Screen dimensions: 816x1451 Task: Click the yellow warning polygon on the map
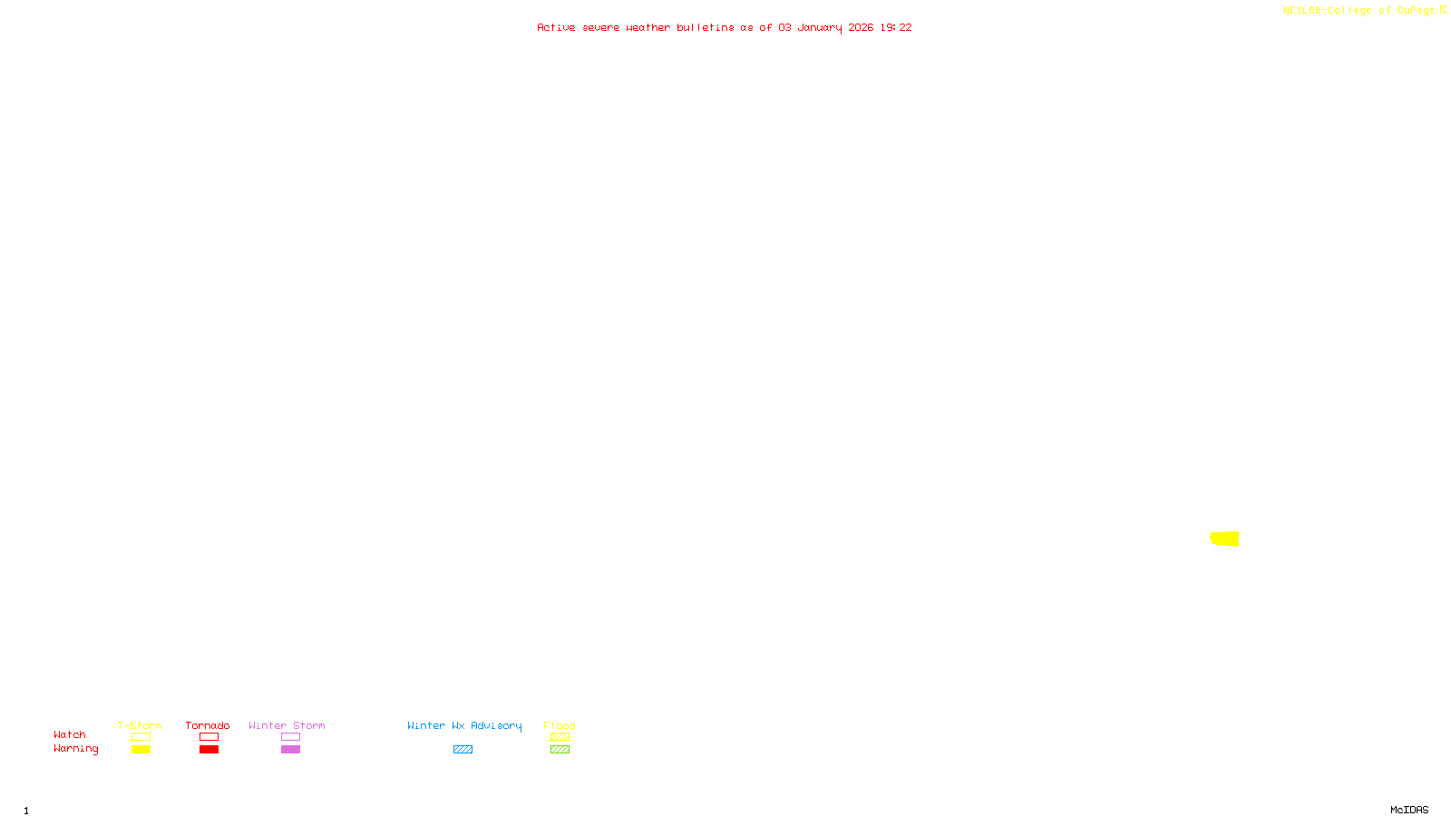tap(1225, 539)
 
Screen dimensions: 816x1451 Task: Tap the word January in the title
tap(819, 28)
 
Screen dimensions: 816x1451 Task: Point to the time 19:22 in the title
tap(895, 28)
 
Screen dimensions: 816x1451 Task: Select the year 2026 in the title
tap(861, 28)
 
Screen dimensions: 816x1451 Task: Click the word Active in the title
tap(555, 28)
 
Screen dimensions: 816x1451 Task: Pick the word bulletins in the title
tap(705, 28)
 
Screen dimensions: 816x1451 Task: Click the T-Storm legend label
tap(140, 725)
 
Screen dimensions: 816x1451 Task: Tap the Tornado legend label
tap(208, 725)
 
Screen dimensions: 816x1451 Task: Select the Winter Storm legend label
tap(287, 725)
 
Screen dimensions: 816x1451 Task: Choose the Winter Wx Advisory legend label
tap(464, 725)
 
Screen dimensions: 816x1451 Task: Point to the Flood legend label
tap(560, 725)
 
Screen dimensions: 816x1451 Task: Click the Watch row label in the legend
tap(70, 735)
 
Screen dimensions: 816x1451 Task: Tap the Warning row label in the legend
tap(75, 749)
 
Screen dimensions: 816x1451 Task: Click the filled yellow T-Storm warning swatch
tap(141, 750)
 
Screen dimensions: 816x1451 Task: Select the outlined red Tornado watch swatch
tap(209, 737)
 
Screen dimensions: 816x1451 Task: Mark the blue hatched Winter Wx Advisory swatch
tap(463, 750)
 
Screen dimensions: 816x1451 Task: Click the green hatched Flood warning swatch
tap(560, 750)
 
